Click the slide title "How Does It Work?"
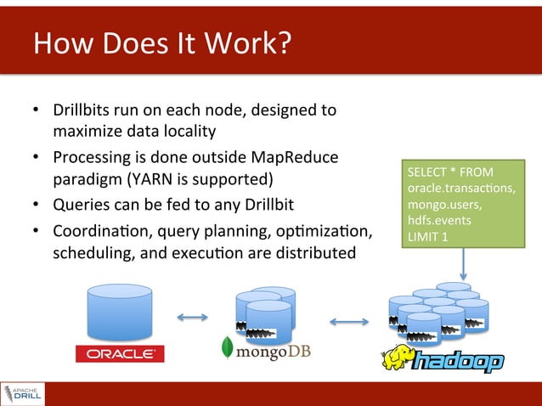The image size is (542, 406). pos(161,42)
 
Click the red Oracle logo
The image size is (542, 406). pos(119,352)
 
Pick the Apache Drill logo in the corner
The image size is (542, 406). pos(23,393)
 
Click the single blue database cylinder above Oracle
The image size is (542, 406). pos(119,312)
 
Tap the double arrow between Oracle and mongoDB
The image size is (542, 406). pos(193,319)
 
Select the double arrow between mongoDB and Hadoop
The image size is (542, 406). pos(348,322)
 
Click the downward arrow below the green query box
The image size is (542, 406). pos(464,267)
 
